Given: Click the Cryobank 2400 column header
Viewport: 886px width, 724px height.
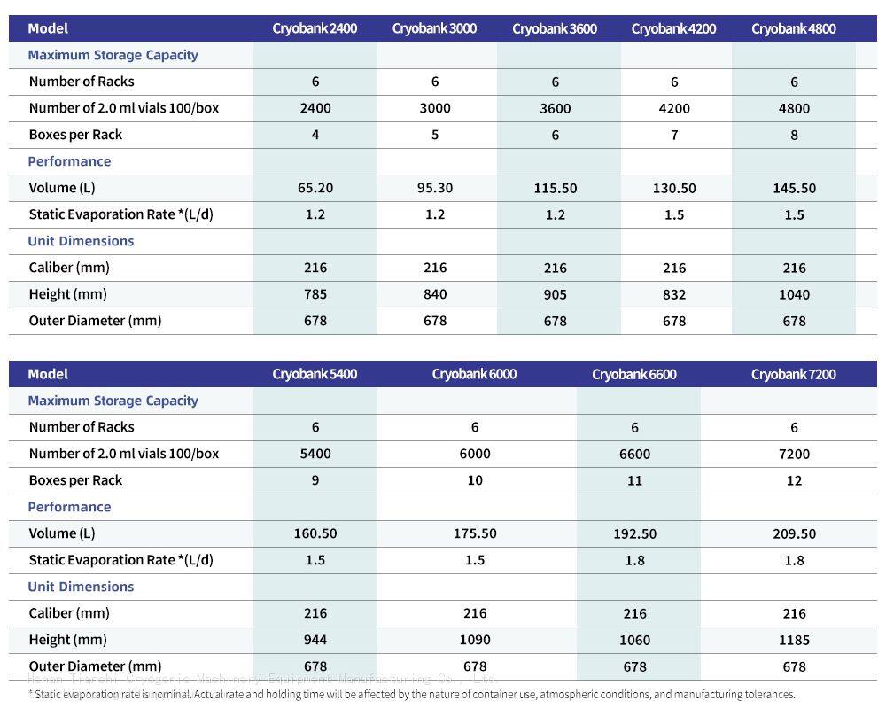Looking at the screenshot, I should pyautogui.click(x=315, y=28).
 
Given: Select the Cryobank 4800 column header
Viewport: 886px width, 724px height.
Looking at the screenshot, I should pyautogui.click(x=793, y=28).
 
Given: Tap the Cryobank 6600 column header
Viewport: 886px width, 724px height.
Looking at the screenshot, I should pyautogui.click(x=633, y=374).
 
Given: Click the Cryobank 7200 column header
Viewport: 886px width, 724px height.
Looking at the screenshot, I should pyautogui.click(x=793, y=374).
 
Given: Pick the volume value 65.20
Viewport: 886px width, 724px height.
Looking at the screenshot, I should pyautogui.click(x=315, y=188).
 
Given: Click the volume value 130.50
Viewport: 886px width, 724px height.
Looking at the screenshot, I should pyautogui.click(x=674, y=188).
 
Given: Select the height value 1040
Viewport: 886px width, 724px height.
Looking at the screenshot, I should pyautogui.click(x=794, y=294).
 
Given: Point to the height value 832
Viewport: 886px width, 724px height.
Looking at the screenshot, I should pyautogui.click(x=674, y=294).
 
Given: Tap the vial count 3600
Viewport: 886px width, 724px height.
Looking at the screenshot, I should pyautogui.click(x=555, y=108).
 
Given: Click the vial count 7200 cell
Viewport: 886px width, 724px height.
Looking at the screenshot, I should pyautogui.click(x=794, y=454).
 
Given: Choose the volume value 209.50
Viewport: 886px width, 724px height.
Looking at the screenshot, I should pyautogui.click(x=794, y=533).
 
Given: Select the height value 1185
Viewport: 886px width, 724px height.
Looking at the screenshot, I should pyautogui.click(x=794, y=640).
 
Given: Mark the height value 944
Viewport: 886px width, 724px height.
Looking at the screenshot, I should pyautogui.click(x=315, y=640).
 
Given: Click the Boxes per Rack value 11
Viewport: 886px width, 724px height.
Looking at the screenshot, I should pyautogui.click(x=634, y=480).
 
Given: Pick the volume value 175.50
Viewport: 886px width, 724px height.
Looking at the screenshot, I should pyautogui.click(x=475, y=533).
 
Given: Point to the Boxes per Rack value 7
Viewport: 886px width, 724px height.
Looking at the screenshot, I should pyautogui.click(x=674, y=135).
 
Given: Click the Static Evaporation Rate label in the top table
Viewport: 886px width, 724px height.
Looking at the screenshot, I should pyautogui.click(x=120, y=214).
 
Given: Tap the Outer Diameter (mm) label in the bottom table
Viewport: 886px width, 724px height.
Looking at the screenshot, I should pyautogui.click(x=95, y=666).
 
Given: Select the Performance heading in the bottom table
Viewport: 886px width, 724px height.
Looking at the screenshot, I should pyautogui.click(x=69, y=507).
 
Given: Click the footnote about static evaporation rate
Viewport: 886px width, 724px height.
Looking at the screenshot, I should pyautogui.click(x=412, y=695).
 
